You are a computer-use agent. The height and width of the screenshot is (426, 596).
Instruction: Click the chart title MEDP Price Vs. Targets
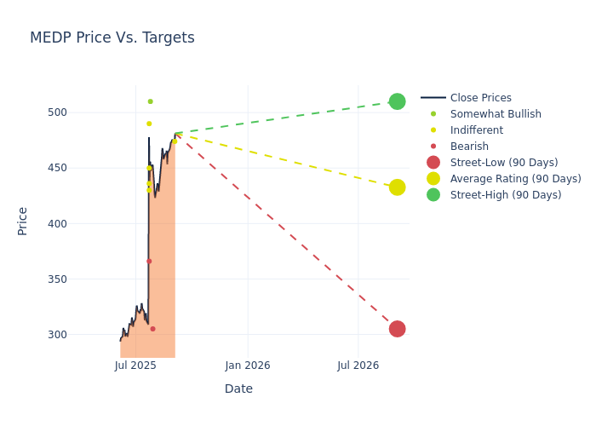point(112,37)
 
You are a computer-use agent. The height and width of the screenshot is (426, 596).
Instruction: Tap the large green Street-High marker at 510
point(397,101)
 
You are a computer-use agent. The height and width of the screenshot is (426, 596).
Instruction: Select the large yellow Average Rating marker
point(397,187)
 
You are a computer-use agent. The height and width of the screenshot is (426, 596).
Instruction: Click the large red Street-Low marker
point(397,329)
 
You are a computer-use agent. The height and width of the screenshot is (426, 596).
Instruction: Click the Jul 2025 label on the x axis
point(135,366)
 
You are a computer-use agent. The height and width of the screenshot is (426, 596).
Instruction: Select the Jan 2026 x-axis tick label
point(248,366)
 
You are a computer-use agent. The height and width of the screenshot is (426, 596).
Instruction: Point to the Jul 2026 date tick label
point(358,366)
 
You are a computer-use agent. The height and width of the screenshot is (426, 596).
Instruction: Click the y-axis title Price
point(23,221)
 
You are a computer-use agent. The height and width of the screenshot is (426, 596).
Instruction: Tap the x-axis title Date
point(238,389)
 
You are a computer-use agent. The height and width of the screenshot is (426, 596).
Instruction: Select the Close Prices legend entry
point(480,98)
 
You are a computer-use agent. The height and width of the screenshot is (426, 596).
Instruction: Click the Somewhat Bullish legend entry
point(496,114)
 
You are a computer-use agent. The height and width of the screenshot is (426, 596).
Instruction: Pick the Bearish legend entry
point(469,147)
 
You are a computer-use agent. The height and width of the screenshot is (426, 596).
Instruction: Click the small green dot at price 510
point(150,101)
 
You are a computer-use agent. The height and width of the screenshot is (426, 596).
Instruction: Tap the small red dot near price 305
point(152,329)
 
